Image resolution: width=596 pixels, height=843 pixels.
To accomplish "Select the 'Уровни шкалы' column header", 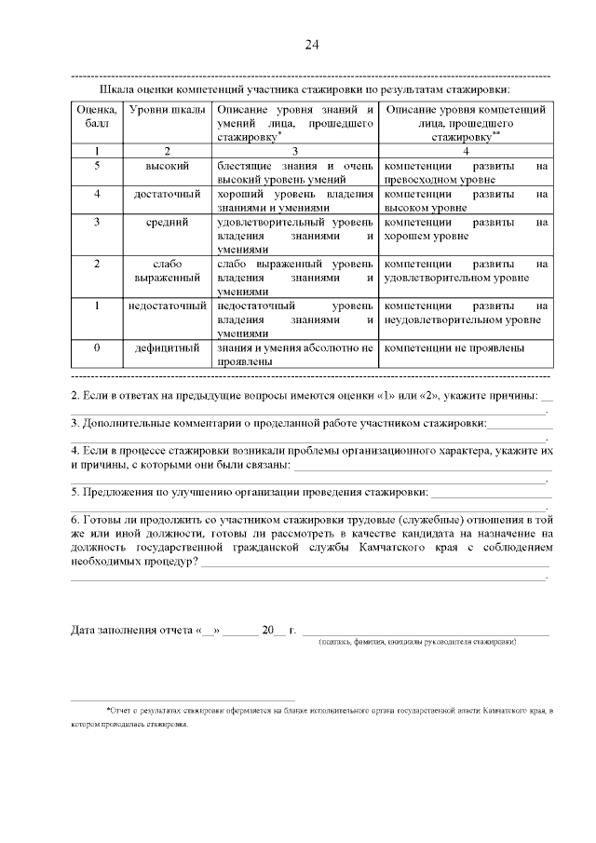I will click(x=168, y=111).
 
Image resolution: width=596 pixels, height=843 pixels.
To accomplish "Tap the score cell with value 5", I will click(x=97, y=166).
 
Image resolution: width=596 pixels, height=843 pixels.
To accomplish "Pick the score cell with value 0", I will click(x=97, y=347).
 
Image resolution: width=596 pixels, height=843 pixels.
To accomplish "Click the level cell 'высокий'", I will click(x=168, y=166).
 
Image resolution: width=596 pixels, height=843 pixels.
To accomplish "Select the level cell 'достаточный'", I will click(x=168, y=194).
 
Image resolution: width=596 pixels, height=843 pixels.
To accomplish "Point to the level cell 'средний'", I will click(x=168, y=223).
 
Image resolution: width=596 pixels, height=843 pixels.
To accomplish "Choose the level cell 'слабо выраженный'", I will click(x=168, y=270).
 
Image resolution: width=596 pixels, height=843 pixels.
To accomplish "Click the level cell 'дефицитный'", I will click(x=168, y=347).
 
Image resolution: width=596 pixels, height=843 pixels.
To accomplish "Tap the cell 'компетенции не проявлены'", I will click(x=454, y=347).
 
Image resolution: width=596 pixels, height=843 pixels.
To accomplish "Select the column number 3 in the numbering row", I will click(x=295, y=150).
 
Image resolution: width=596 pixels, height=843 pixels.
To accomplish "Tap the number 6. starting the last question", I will click(x=75, y=519).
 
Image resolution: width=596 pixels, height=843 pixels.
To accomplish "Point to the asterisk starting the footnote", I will click(x=108, y=710).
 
